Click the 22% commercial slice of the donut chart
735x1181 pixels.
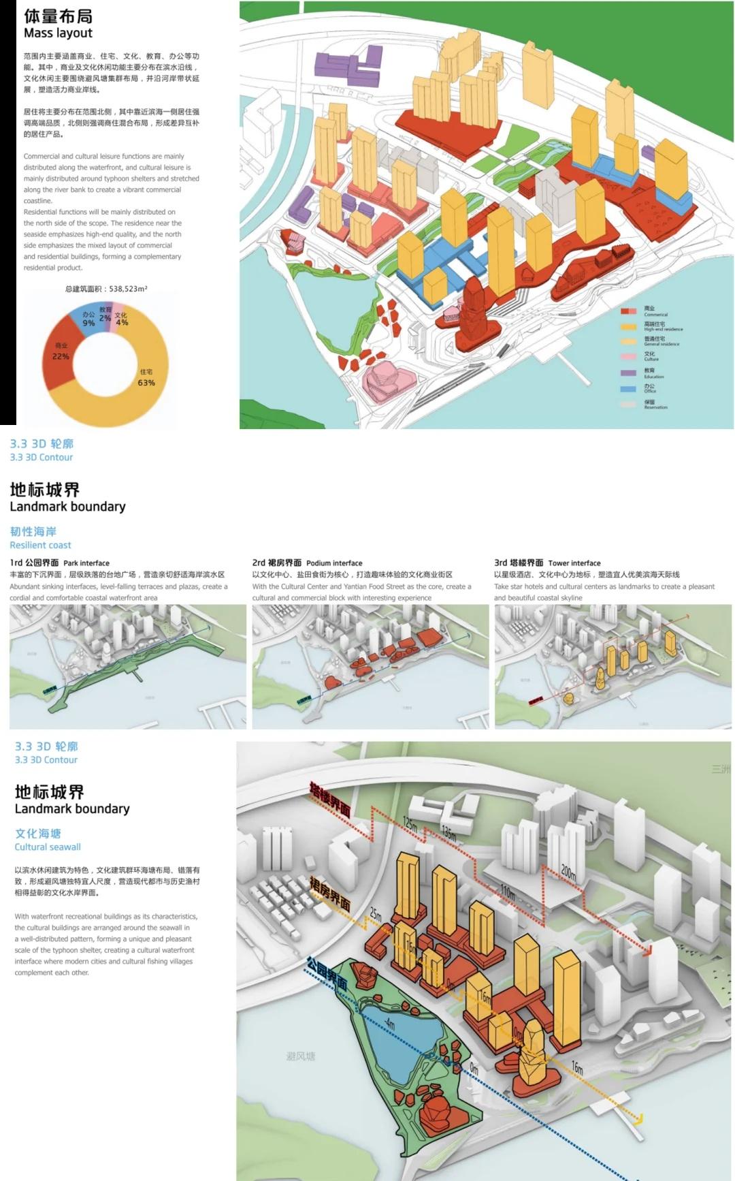coord(60,354)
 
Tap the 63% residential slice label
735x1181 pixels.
coord(146,379)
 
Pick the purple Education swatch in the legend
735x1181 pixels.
coord(628,373)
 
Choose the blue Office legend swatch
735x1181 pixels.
coord(628,389)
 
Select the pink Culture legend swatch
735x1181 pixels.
coord(628,356)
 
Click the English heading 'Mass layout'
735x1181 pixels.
coord(58,33)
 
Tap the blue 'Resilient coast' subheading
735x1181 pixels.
coord(40,545)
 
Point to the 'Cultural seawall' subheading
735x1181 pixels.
coord(48,847)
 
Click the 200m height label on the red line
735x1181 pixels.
coord(568,872)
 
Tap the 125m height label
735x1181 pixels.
coord(410,822)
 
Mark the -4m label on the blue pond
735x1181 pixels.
coord(389,1022)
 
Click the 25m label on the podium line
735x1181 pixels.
coord(376,914)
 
